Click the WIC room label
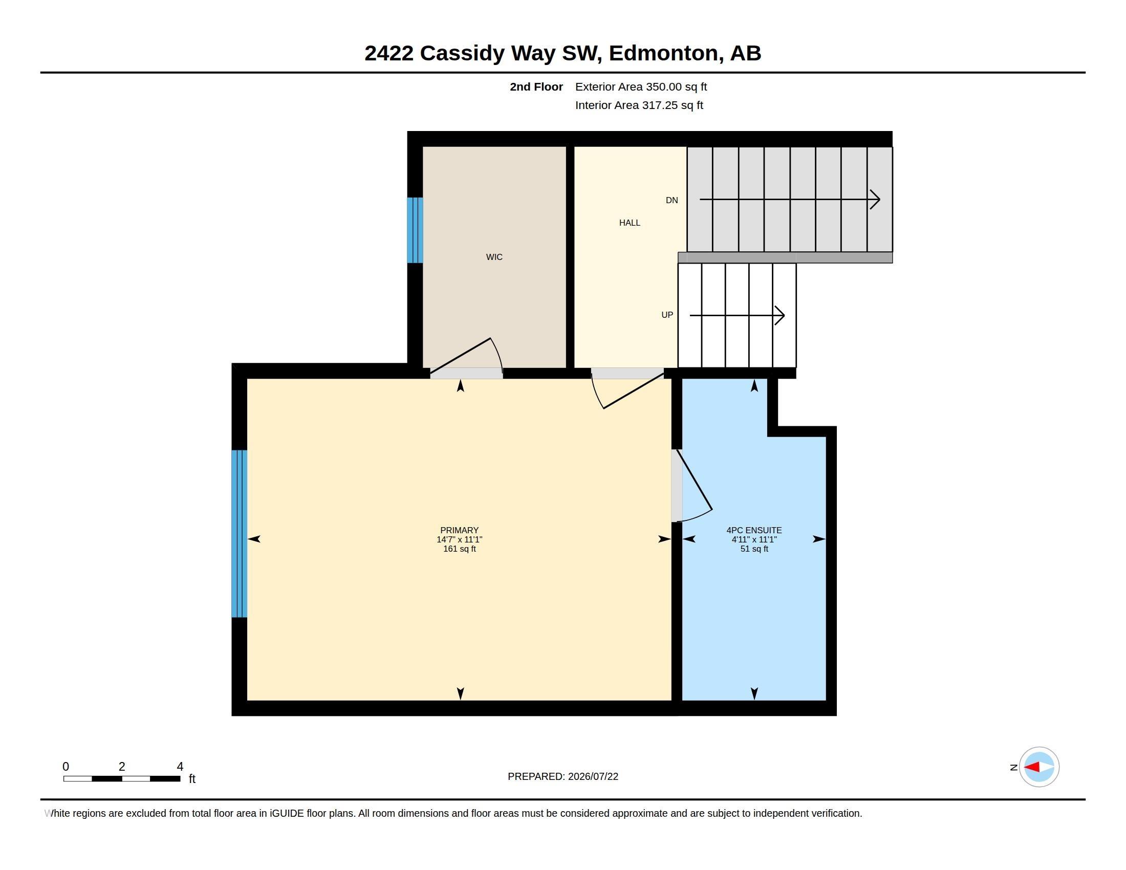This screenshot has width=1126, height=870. pos(494,257)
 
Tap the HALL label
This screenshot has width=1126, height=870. pos(630,223)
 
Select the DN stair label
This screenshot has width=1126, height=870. pos(672,200)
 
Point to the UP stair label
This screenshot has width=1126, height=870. pos(667,315)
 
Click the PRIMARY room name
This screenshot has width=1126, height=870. pos(460,530)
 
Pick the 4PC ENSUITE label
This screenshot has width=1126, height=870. pos(754,530)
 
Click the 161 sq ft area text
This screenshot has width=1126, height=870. pos(460,549)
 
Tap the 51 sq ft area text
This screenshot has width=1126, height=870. pos(754,549)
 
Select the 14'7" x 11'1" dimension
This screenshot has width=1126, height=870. pos(460,539)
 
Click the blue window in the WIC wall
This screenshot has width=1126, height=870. pos(415,230)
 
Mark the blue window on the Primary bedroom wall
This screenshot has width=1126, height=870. pos(239,533)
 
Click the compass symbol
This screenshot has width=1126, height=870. pos(1038,767)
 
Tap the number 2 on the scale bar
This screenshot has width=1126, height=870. pos(122,767)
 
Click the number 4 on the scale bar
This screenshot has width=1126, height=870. pos(180,767)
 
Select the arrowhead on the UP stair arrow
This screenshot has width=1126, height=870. pos(780,315)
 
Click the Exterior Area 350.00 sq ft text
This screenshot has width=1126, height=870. pos(641,86)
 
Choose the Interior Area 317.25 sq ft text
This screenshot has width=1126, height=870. pos(639,105)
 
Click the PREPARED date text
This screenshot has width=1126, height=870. pos(563,776)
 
